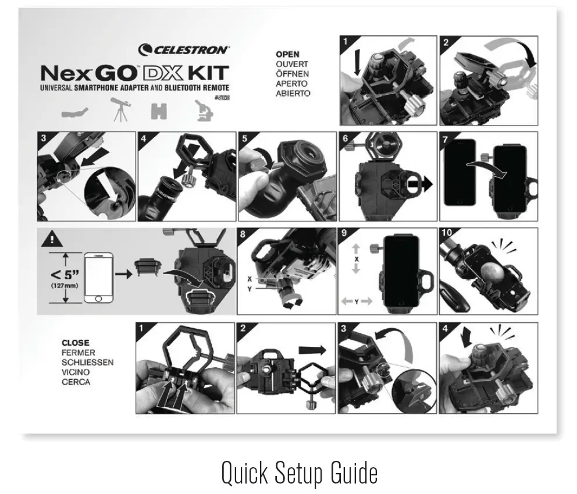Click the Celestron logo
pos(184,50)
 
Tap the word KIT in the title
pos(207,75)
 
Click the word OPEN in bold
pos(287,55)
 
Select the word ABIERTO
pos(293,93)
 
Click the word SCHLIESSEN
pos(87,362)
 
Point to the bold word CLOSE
pos(76,343)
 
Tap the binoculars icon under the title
pos(159,111)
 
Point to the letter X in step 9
pos(356,259)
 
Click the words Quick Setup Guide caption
pos(299,474)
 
